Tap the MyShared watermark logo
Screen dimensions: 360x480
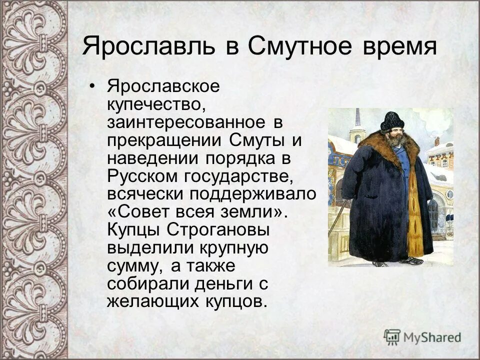422,336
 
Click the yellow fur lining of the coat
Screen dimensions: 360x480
414,220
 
